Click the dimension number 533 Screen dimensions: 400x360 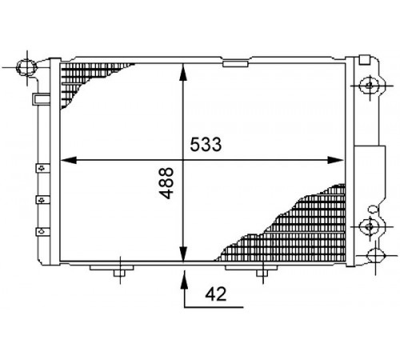click(x=206, y=144)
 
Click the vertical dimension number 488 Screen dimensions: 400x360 click(x=166, y=183)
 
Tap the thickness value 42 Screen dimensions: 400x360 click(x=215, y=294)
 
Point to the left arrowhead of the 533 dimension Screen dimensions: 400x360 click(x=69, y=160)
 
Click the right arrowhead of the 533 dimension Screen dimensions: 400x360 click(x=335, y=160)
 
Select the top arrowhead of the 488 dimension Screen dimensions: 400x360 click(x=183, y=72)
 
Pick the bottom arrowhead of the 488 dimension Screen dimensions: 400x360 click(x=183, y=254)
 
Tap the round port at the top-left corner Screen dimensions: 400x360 click(x=26, y=66)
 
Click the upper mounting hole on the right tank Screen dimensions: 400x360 click(x=370, y=86)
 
